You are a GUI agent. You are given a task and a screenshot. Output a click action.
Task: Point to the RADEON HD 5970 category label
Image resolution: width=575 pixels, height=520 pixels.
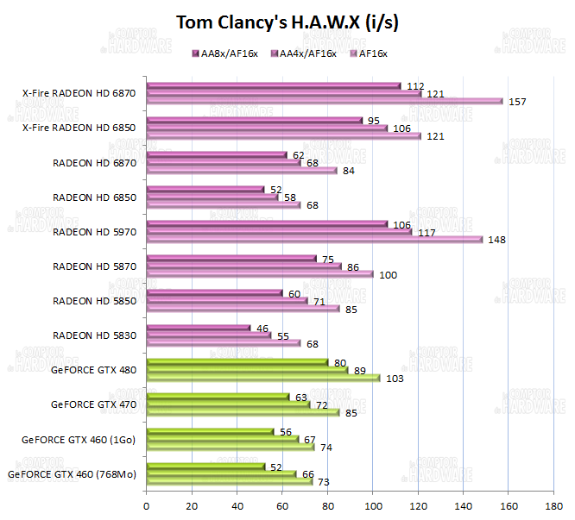[94, 231]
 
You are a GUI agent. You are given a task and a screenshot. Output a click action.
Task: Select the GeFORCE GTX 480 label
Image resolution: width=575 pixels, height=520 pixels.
[93, 369]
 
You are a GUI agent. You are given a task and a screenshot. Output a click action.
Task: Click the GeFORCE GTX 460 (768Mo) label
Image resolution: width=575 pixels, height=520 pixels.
[72, 473]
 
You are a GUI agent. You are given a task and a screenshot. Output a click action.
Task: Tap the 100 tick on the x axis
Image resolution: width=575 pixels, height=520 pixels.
[373, 506]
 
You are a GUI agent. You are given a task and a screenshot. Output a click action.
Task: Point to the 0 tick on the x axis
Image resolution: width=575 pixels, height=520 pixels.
[147, 506]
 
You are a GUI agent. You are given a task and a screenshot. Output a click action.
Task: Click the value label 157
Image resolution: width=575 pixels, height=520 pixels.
[517, 102]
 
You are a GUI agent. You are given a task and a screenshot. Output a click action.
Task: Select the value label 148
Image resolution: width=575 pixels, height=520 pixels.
[496, 240]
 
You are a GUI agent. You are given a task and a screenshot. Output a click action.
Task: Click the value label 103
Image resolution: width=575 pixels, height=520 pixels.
[395, 378]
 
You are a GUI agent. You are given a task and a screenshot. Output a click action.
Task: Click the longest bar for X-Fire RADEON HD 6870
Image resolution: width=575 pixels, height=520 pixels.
[325, 101]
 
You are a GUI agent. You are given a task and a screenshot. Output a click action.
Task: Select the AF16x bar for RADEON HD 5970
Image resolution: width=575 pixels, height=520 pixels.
[314, 239]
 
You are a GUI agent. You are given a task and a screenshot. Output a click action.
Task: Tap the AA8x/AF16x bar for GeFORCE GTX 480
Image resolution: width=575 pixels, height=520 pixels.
[237, 362]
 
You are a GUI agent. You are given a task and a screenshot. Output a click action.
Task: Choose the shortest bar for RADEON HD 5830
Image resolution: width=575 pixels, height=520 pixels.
[199, 328]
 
